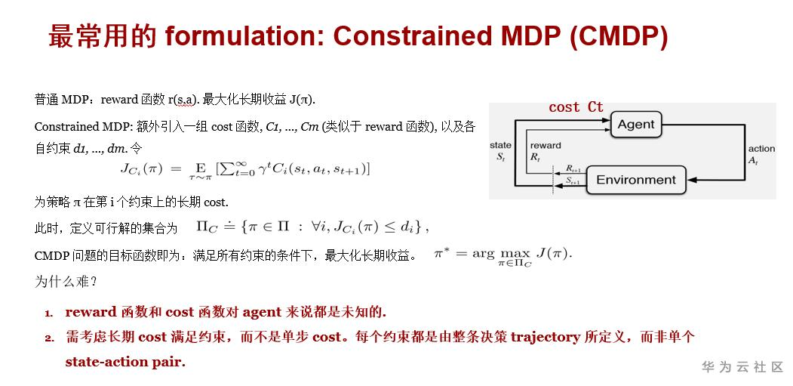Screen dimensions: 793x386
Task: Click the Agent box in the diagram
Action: coord(636,125)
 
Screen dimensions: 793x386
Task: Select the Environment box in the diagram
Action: coord(636,180)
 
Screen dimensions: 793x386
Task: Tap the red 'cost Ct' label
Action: coord(576,107)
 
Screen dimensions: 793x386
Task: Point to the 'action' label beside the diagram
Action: coord(761,148)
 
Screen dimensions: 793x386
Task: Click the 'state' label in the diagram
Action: coord(500,145)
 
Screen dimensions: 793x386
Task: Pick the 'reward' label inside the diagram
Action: coord(546,145)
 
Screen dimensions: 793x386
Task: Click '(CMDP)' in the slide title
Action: coord(619,36)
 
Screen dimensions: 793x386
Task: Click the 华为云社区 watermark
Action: coord(742,367)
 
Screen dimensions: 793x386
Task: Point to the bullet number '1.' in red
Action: coord(48,313)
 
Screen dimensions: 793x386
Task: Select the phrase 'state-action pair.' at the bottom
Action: coord(125,362)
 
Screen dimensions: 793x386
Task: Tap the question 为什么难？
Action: coord(66,281)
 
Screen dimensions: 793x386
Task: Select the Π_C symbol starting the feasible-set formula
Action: coord(207,227)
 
